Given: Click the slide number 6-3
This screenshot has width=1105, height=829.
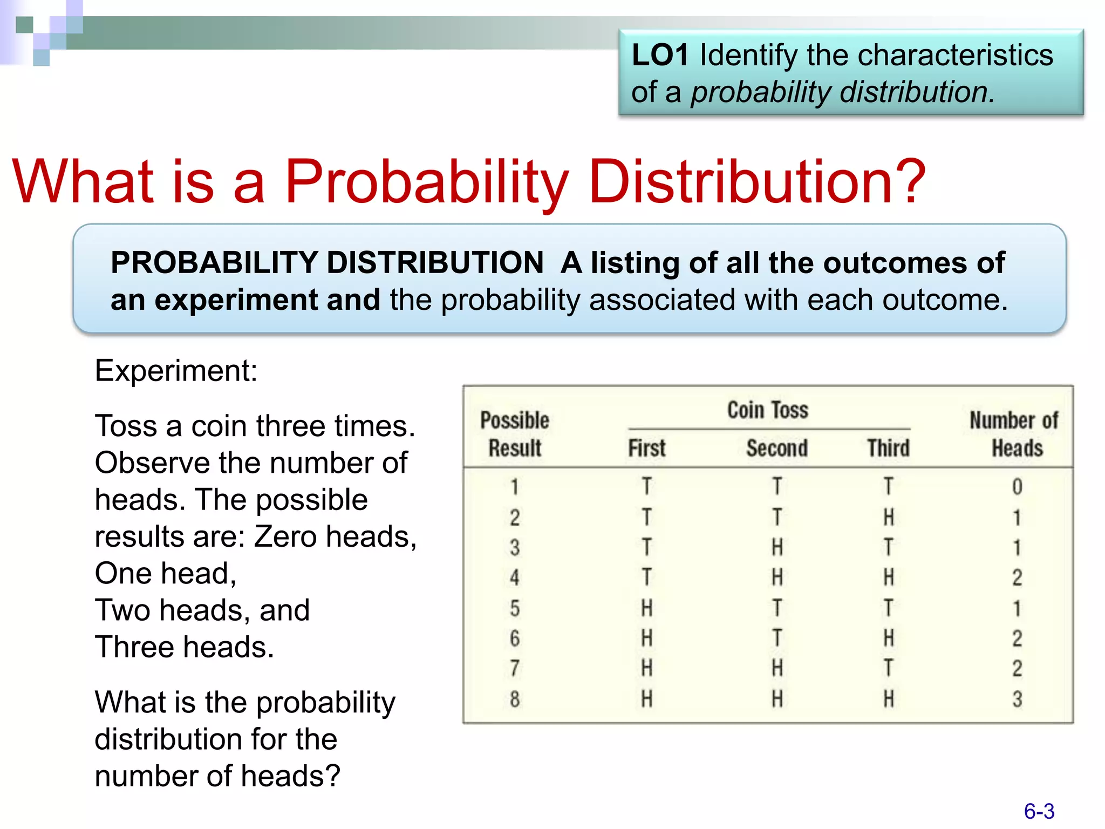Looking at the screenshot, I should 1039,811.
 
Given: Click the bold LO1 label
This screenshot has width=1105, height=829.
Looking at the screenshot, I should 660,55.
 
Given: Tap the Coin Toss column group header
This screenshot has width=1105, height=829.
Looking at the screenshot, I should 767,410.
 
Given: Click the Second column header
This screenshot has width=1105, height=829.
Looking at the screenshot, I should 776,448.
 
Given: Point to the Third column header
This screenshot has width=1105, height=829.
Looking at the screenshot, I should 888,448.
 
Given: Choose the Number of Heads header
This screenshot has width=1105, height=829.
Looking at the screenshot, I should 1014,434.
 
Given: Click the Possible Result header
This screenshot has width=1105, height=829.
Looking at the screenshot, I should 515,434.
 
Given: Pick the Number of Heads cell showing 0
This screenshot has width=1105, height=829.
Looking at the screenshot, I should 1017,487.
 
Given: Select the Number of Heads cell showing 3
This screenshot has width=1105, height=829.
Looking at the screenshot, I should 1017,699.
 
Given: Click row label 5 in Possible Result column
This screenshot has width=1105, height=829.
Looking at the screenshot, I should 515,608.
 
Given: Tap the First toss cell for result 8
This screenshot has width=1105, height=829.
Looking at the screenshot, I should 646,699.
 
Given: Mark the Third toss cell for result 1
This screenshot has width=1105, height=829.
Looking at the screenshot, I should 888,487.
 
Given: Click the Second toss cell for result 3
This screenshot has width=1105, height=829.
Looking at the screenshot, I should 777,548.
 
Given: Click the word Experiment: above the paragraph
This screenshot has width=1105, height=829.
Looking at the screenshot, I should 176,371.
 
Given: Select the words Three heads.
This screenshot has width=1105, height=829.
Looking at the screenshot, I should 185,647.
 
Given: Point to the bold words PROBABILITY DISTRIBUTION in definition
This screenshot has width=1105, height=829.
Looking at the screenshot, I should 327,263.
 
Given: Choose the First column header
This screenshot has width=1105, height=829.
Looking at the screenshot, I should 646,448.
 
